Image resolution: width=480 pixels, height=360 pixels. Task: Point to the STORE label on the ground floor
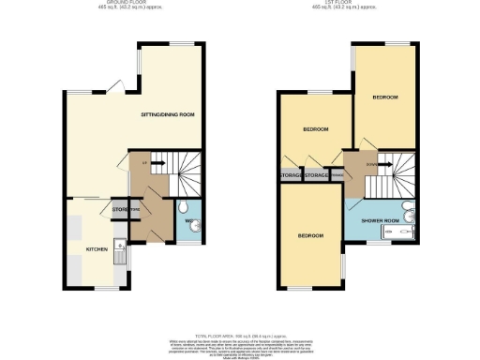click(120, 209)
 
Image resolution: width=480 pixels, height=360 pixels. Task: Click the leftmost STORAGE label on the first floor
click(291, 175)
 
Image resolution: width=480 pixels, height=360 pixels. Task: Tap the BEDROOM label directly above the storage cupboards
click(315, 129)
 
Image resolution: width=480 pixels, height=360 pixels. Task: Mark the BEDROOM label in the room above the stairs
click(385, 97)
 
